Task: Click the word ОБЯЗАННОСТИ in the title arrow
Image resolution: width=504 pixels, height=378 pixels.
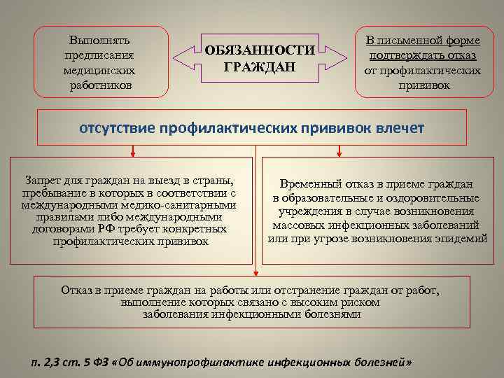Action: (260, 52)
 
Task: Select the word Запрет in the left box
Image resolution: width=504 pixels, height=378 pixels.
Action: (42, 180)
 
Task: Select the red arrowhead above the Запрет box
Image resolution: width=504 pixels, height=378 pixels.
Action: (132, 153)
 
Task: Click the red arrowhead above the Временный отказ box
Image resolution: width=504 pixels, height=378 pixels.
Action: (339, 153)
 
